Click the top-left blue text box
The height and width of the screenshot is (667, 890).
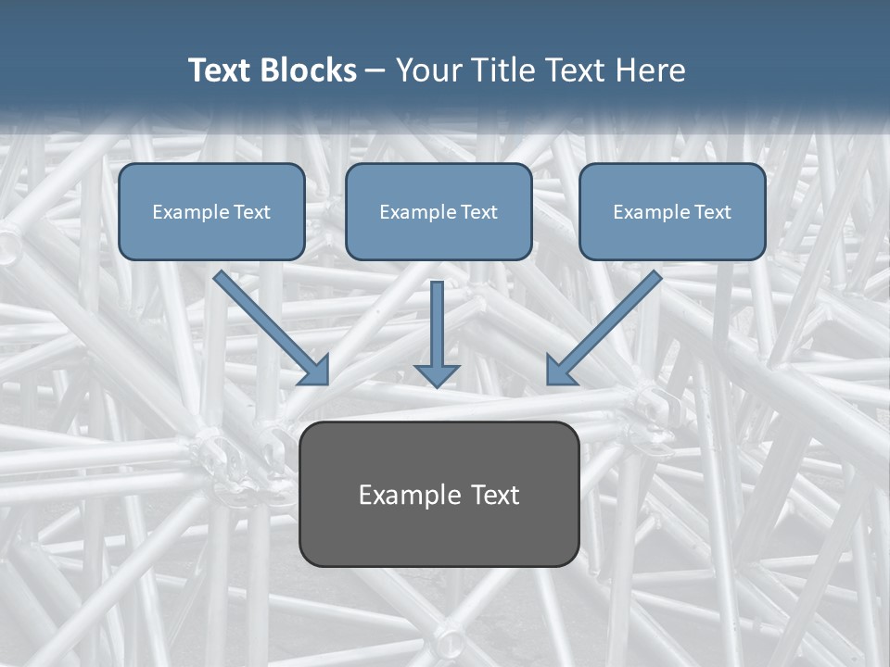click(x=211, y=211)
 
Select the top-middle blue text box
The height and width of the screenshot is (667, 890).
click(x=439, y=211)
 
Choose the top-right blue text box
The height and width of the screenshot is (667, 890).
click(x=672, y=211)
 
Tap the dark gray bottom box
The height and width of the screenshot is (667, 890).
click(x=439, y=494)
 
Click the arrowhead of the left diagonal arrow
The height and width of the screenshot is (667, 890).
click(x=316, y=371)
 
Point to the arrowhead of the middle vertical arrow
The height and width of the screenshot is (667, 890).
click(x=437, y=374)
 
